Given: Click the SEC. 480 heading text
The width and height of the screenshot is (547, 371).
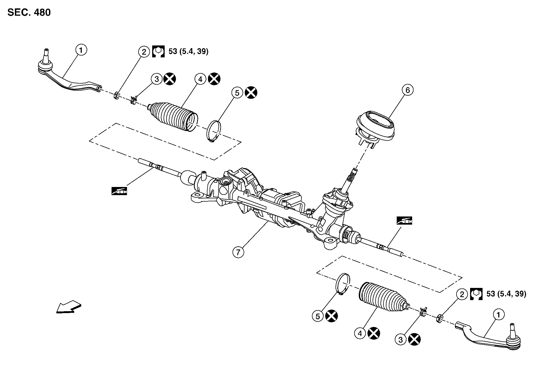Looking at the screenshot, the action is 29,12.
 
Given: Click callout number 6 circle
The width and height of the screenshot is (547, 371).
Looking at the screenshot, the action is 408,90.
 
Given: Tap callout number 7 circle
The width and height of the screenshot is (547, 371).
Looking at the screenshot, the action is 238,252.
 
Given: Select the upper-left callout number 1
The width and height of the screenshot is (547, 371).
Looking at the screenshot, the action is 81,50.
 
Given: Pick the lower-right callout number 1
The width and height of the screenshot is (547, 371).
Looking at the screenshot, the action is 499,314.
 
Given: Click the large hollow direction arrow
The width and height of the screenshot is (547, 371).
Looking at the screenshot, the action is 69,307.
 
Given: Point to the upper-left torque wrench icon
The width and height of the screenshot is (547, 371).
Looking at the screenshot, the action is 158,51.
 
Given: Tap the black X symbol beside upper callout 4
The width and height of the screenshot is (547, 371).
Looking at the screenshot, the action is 214,79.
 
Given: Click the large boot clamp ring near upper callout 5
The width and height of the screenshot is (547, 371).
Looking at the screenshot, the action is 214,131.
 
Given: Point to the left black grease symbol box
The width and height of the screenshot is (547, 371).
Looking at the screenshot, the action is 119,191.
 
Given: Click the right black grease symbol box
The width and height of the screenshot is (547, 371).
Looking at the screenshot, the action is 404,221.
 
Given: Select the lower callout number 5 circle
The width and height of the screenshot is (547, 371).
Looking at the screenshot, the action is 318,316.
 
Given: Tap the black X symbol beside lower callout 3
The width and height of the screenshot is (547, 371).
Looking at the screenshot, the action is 414,339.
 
